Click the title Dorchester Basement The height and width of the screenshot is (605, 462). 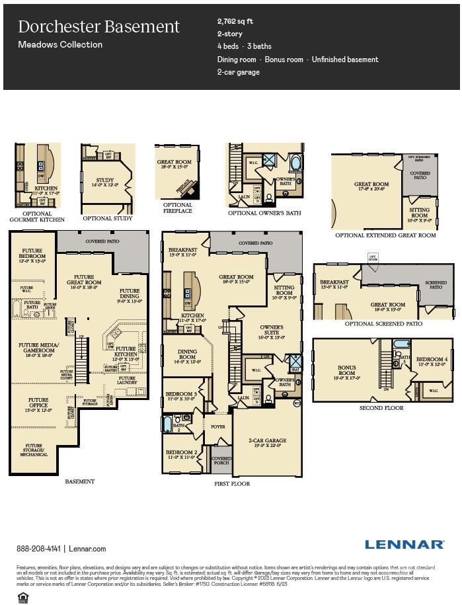98,26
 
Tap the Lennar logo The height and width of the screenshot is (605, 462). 404,544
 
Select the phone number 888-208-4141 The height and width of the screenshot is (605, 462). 39,549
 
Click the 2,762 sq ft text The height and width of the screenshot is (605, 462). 235,21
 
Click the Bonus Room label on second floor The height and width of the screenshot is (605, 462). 346,370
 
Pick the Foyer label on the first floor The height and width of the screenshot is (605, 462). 217,426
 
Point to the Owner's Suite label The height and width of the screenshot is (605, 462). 271,330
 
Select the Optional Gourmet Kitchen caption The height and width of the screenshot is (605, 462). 37,216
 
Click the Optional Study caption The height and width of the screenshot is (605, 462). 107,218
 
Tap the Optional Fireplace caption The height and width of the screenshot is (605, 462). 177,208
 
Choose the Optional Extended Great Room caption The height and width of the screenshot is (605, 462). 385,235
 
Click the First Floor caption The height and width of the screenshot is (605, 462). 231,484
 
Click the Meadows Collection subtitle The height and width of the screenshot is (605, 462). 60,45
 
